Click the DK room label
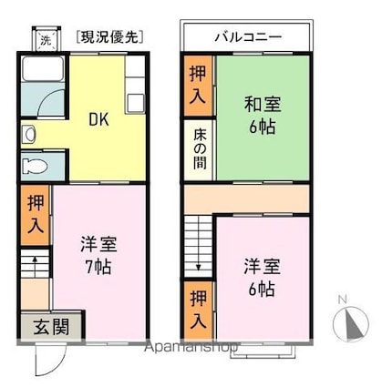pos(98,120)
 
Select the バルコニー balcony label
pos(247,38)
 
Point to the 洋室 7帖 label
pos(98,256)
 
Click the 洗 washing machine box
pos(46,40)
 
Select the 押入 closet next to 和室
pos(198,88)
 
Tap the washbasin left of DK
pos(29,136)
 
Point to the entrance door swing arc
pos(46,360)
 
